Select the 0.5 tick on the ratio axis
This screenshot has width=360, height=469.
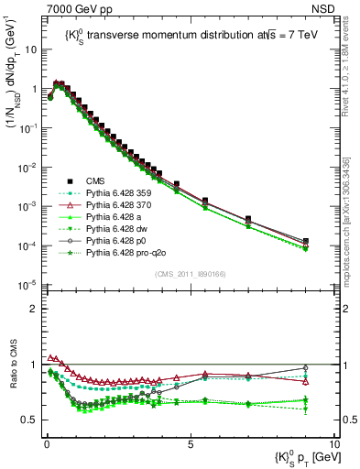click(33, 420)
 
